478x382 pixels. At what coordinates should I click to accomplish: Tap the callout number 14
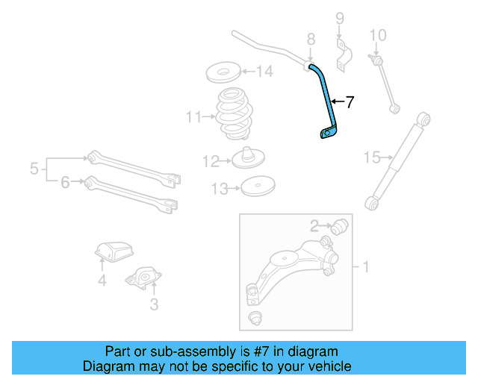click(265, 72)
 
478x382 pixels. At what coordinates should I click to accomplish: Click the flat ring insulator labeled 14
click(222, 73)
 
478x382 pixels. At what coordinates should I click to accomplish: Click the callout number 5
click(34, 169)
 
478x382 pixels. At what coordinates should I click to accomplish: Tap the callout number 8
click(311, 38)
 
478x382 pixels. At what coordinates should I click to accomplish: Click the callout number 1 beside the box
click(366, 266)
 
